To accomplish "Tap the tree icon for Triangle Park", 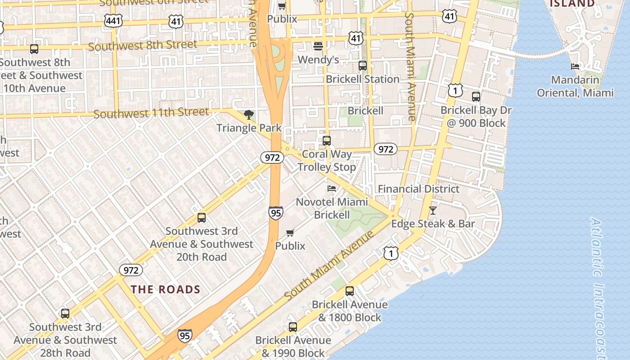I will coord(248,115).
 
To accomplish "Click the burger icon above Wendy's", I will coord(318,46).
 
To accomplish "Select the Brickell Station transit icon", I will coord(363,66).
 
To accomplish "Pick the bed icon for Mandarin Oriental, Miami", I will coord(575,67).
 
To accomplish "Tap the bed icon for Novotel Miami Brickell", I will coord(332,188).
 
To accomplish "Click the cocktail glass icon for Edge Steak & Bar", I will coord(432,210).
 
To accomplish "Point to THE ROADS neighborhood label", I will coord(166,289).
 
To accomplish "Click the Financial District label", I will coord(418,189).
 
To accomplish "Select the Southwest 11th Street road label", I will coord(151,112).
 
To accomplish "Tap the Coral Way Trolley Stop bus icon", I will coord(327,141).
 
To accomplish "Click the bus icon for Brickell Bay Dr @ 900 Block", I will coord(476,96).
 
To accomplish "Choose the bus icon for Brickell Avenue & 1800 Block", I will coord(350,291).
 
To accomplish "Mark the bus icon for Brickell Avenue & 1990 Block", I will coord(293,327).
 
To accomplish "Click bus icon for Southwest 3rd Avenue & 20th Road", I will coord(202,218).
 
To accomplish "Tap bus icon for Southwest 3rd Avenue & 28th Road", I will coord(65,314).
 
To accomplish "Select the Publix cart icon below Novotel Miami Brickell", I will coord(290,233).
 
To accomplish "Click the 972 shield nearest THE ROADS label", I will coord(131,270).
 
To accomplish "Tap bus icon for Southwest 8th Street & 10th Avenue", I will coord(34,49).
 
